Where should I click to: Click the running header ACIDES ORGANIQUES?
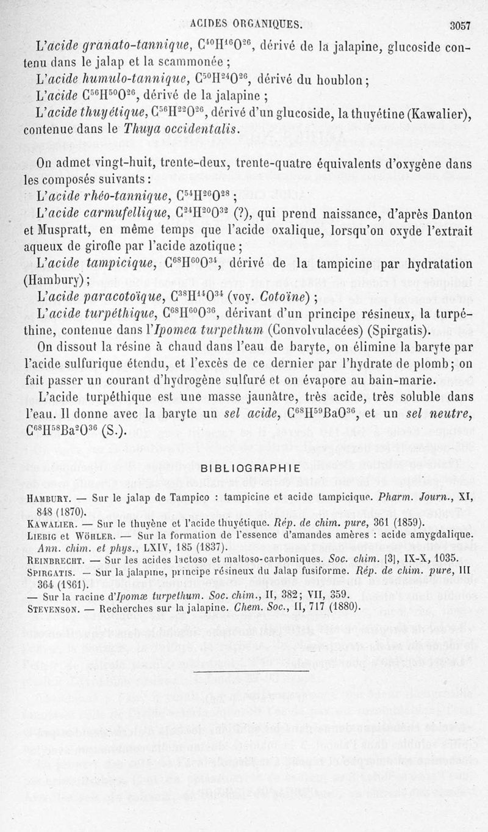click(245, 24)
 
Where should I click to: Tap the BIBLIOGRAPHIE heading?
click(250, 469)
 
